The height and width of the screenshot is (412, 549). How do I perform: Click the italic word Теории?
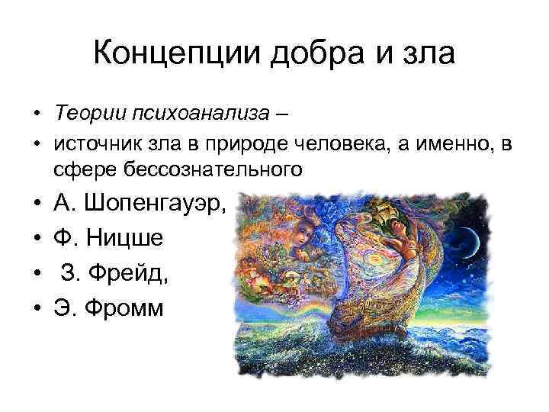(x=82, y=114)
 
